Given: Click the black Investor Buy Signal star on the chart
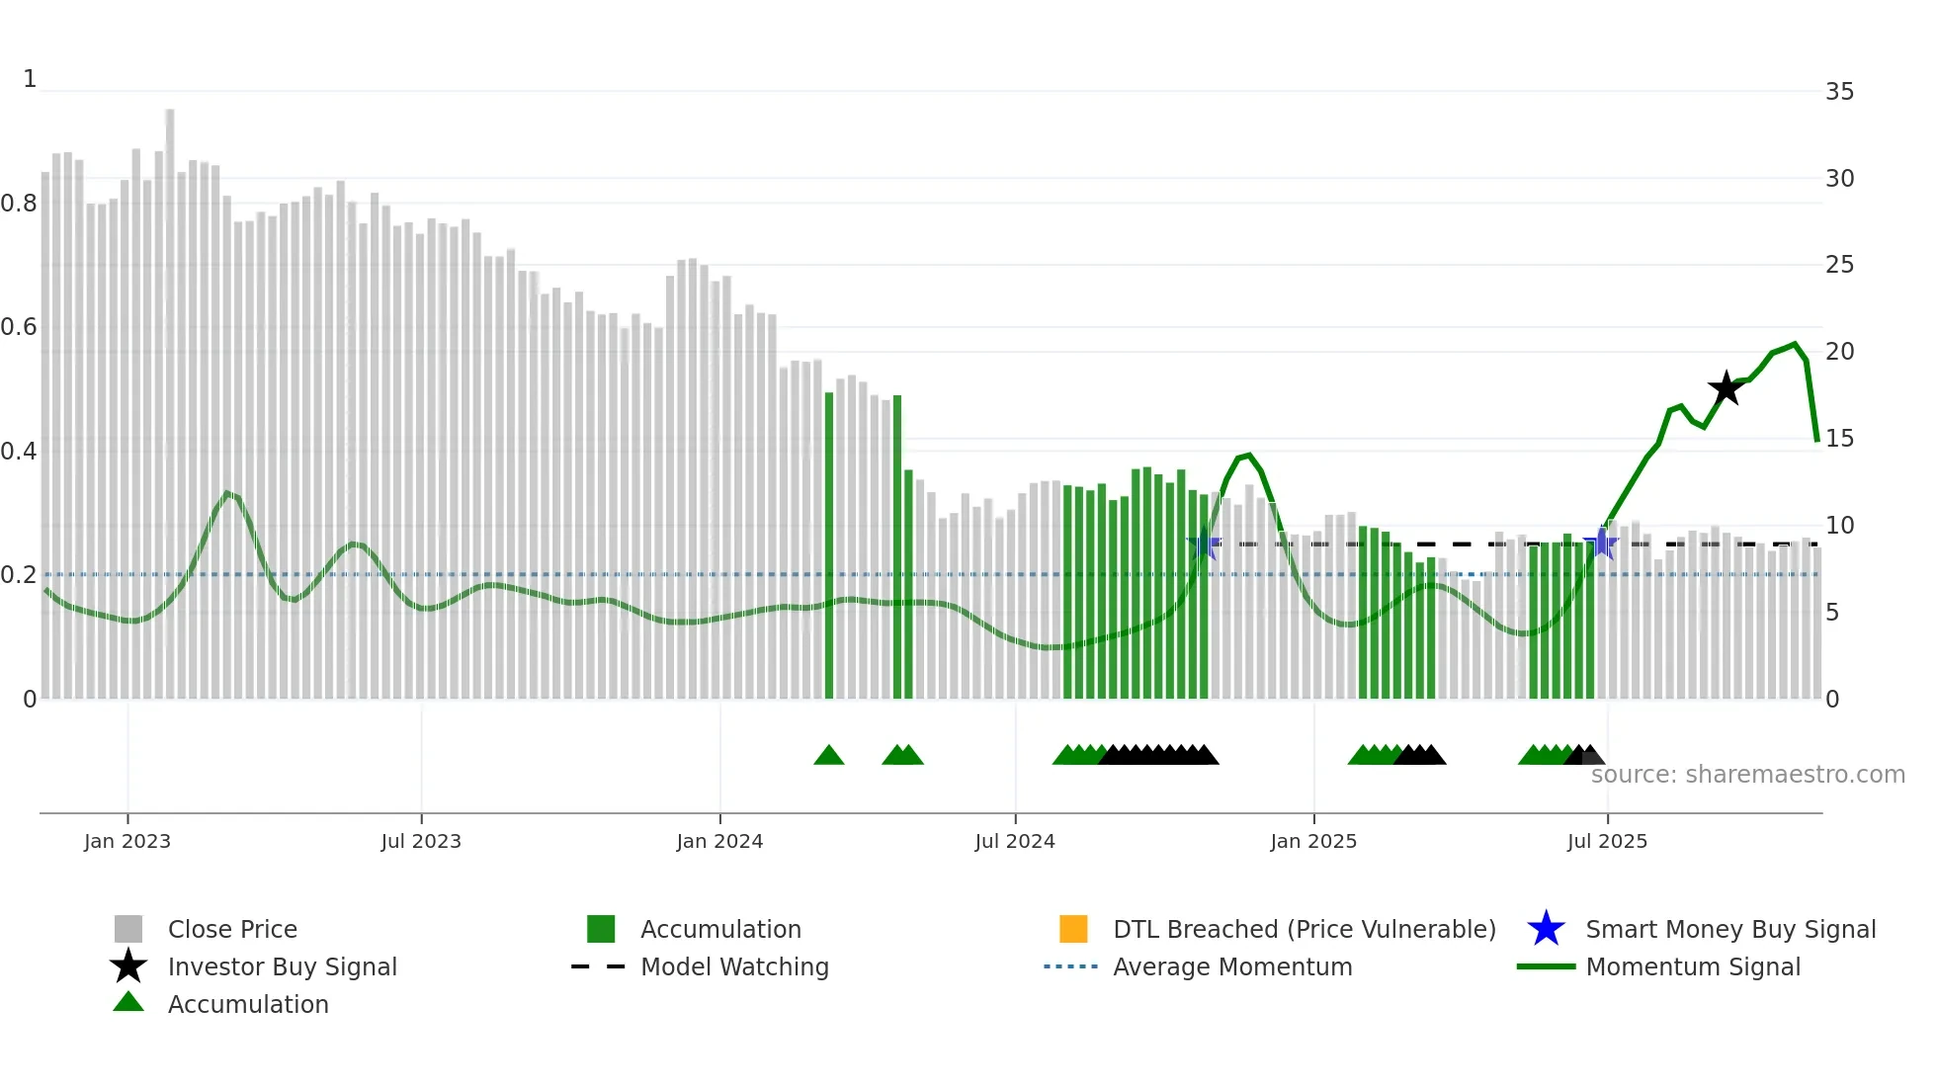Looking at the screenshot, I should tap(1726, 388).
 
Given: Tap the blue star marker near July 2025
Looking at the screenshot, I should tap(1600, 543).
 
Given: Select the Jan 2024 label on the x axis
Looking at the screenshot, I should tap(719, 841).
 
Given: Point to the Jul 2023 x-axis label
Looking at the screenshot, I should tap(421, 841).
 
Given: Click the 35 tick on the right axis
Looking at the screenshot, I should tap(1839, 92).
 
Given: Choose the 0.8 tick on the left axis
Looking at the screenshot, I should tap(20, 204).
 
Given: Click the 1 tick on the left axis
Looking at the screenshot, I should tap(30, 79).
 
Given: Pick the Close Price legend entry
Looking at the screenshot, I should tap(232, 929).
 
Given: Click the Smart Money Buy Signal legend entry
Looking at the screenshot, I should tap(1729, 929).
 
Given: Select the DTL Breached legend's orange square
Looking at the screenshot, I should tap(1073, 929).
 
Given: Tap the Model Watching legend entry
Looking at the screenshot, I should tap(734, 966).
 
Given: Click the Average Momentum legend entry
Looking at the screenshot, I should tap(1231, 966).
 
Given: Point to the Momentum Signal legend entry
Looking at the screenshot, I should tap(1692, 966).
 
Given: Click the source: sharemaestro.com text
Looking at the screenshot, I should tap(1747, 774).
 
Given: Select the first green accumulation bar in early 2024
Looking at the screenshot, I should tap(829, 544).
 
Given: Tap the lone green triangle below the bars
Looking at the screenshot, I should tap(829, 756).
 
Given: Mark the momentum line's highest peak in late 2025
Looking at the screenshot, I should tap(1795, 345).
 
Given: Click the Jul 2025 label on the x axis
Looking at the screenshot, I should tap(1607, 841).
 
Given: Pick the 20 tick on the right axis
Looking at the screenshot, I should tap(1839, 352).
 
